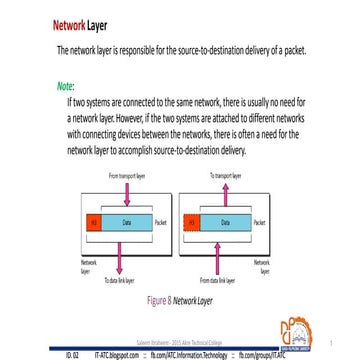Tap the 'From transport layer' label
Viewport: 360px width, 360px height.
coord(127,174)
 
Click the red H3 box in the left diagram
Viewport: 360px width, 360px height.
coord(93,221)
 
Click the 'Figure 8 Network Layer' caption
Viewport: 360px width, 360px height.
coord(181,298)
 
